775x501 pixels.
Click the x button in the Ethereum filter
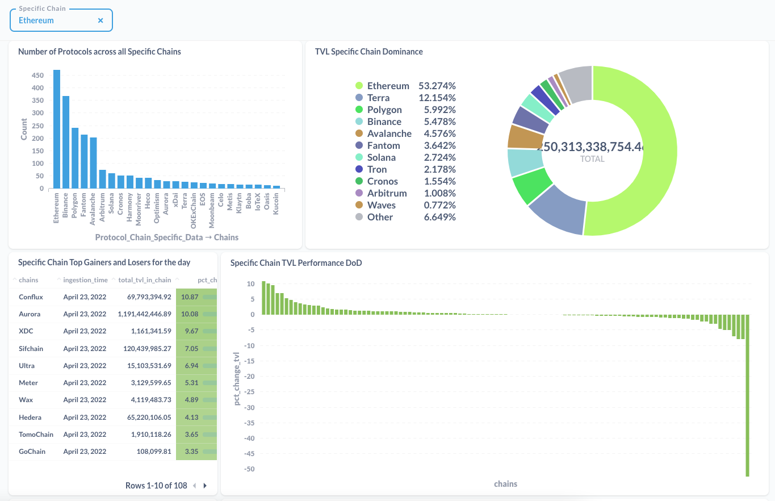100,20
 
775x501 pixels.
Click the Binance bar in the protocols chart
66,142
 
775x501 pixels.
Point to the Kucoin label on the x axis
277,203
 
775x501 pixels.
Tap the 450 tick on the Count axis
37,76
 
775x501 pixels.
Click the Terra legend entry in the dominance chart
378,98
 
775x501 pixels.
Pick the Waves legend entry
381,205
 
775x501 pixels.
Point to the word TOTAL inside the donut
592,159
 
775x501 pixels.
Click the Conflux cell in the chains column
31,297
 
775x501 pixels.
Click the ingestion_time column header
85,280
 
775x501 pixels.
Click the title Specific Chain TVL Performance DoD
296,263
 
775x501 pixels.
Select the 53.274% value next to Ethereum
437,86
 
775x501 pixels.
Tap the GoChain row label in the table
32,452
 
